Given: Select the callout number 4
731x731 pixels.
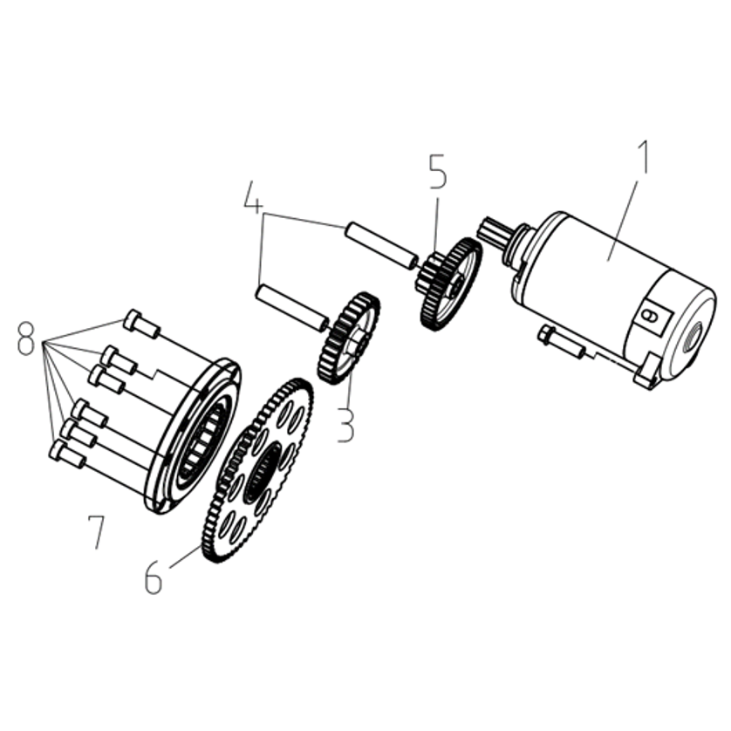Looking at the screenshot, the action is tap(253, 197).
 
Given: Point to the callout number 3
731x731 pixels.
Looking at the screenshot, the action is tap(345, 424).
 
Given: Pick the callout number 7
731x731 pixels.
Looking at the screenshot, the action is tap(97, 531).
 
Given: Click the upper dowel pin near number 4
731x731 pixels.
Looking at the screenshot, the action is tap(381, 246).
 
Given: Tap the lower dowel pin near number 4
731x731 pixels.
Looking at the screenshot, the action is tap(292, 309).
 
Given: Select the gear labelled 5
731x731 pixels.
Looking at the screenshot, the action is tap(448, 284).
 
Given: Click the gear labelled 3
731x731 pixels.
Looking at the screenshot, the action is tap(349, 338).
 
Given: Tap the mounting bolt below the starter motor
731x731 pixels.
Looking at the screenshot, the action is tap(561, 342).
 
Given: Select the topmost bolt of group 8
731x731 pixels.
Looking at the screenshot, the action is tap(142, 323).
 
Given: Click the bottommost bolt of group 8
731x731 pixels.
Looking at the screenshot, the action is tap(67, 455).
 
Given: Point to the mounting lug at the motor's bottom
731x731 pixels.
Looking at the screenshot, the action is tap(646, 371).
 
